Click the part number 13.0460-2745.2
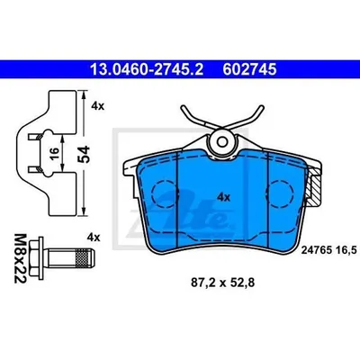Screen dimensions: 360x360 click(x=147, y=69)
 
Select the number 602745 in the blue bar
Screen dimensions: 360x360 click(x=249, y=69)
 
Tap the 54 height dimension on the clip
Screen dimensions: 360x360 click(x=84, y=154)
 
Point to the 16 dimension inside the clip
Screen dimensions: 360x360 click(x=54, y=154)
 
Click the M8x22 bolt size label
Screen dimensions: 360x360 click(x=21, y=258)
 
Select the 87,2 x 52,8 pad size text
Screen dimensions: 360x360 click(x=222, y=283)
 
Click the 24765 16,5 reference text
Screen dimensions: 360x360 click(x=328, y=249)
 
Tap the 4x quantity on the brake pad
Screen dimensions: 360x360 click(x=223, y=197)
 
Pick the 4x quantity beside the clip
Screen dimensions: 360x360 click(x=98, y=106)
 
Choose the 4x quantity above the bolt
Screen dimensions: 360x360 click(x=94, y=238)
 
